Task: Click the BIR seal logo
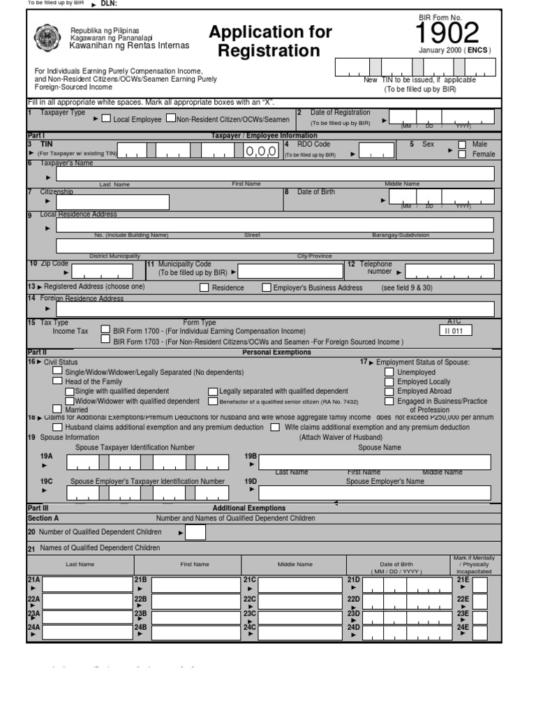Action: [x=47, y=40]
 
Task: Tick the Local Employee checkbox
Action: [x=106, y=118]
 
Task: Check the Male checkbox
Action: [x=462, y=145]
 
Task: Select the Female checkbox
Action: [x=462, y=154]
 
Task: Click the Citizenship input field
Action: [x=113, y=202]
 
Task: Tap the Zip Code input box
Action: [x=102, y=272]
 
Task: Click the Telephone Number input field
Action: [x=449, y=272]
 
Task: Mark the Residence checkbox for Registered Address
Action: [x=204, y=287]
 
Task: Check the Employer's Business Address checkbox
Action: [x=267, y=287]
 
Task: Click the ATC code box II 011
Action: [x=454, y=331]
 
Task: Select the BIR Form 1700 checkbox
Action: [x=105, y=330]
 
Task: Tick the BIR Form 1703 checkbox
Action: [x=105, y=340]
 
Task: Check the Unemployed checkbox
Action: [x=389, y=372]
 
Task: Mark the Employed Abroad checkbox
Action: [x=389, y=391]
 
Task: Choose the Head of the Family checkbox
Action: [x=57, y=381]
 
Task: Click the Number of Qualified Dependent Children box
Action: [x=195, y=533]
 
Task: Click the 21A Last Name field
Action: [x=87, y=584]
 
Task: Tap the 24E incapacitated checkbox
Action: [x=480, y=631]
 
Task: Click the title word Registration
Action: [x=269, y=51]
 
